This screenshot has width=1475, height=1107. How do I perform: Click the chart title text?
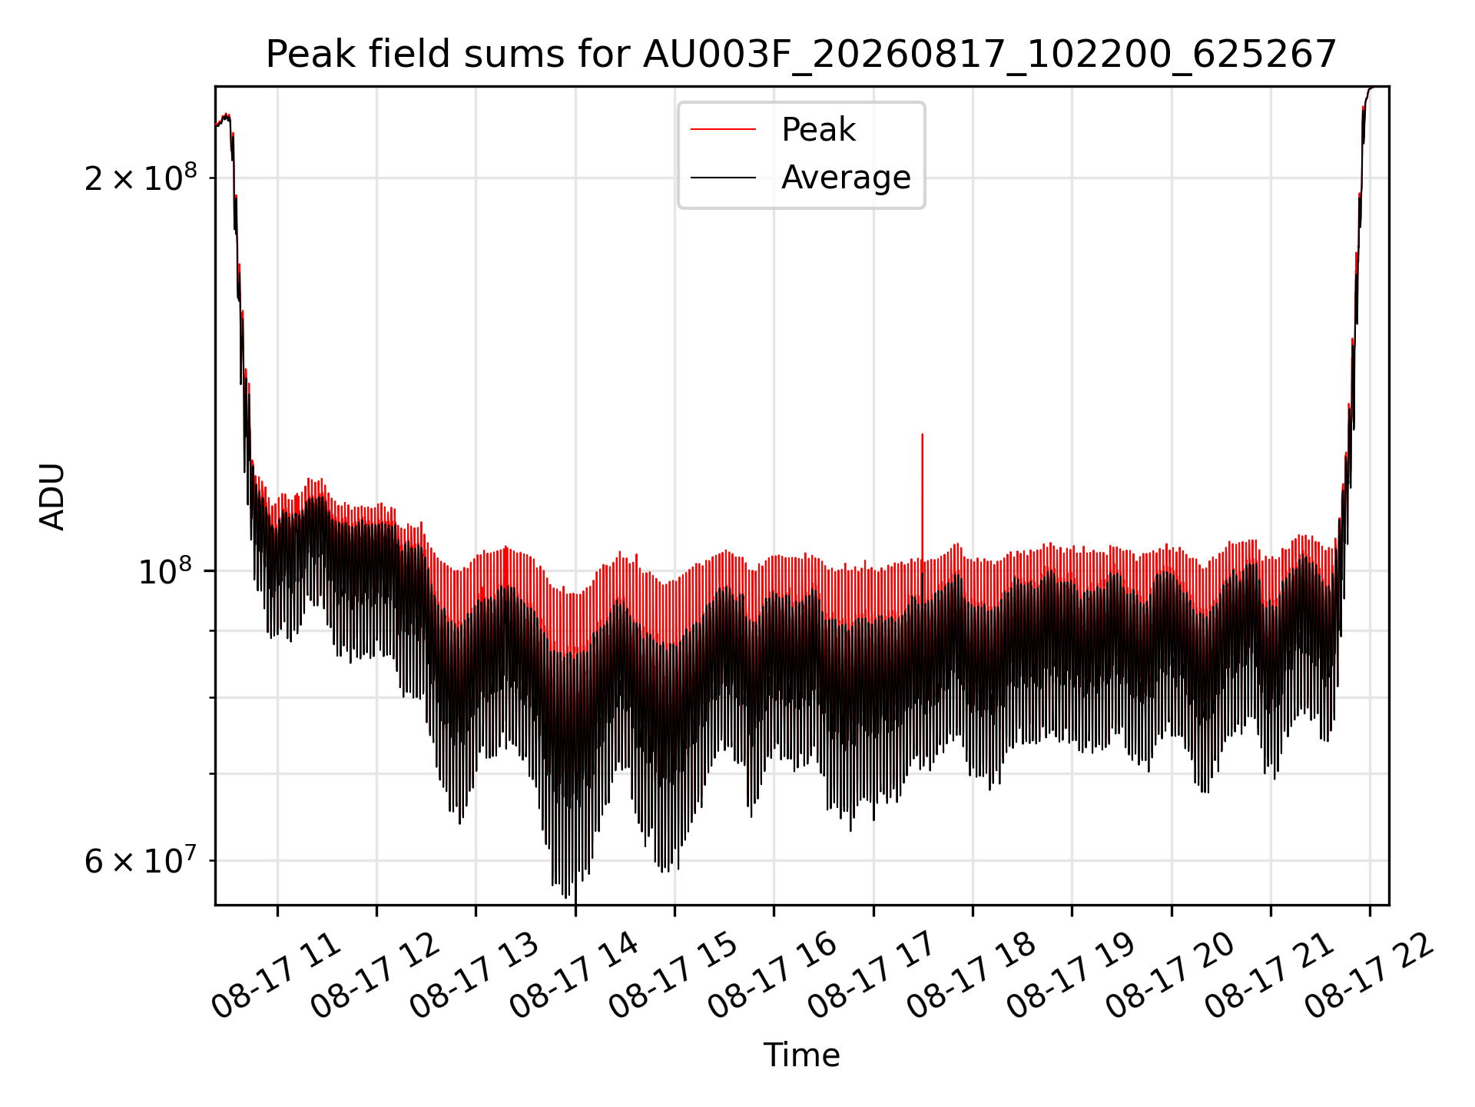pos(801,55)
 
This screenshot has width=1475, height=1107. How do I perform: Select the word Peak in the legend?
pos(818,130)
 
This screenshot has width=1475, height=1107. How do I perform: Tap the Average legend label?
pos(846,178)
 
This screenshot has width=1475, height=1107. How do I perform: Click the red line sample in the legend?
pos(723,130)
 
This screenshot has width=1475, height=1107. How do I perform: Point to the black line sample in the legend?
pos(723,178)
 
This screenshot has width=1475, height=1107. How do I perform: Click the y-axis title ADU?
pos(52,496)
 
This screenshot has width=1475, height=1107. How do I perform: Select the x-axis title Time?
pos(801,1055)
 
